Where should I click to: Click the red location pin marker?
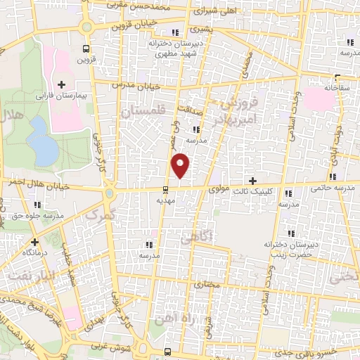tap(181, 165)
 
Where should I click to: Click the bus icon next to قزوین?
tap(86, 49)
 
